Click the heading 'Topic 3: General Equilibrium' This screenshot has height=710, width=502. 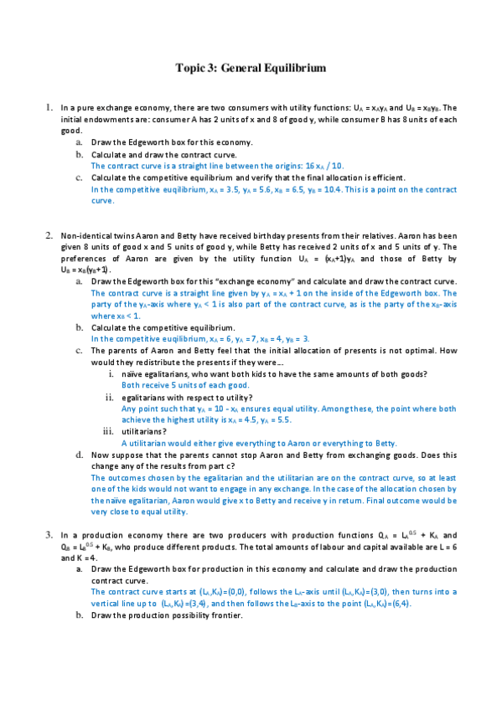(x=251, y=67)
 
